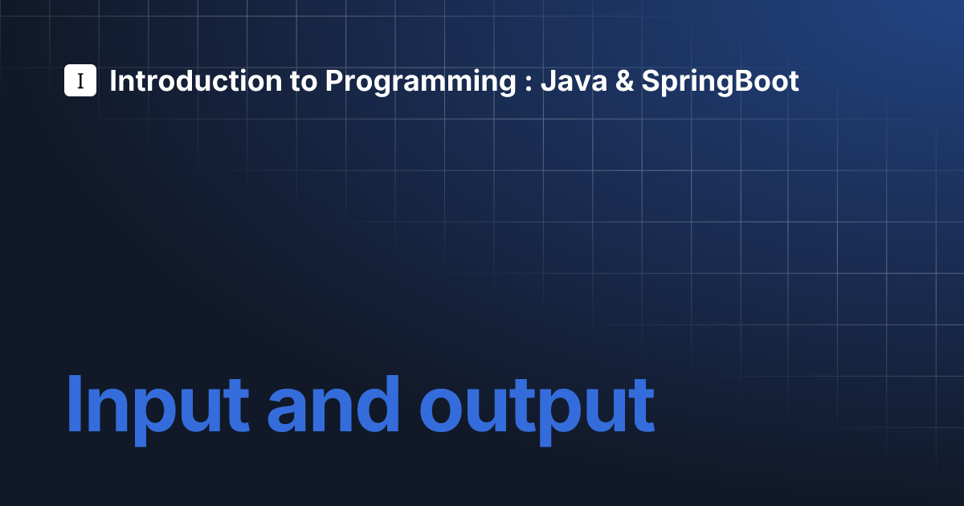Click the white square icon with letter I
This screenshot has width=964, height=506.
80,80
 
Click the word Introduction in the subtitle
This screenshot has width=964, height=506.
196,81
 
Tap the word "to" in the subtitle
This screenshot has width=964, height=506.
304,81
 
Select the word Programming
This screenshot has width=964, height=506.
420,82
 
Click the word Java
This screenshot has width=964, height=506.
574,81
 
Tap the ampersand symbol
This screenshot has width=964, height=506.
624,81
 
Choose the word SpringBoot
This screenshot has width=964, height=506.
721,82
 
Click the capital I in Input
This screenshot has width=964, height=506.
74,403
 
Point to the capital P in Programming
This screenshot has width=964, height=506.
334,81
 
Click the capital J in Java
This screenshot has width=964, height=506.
547,81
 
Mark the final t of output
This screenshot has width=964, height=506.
640,406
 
